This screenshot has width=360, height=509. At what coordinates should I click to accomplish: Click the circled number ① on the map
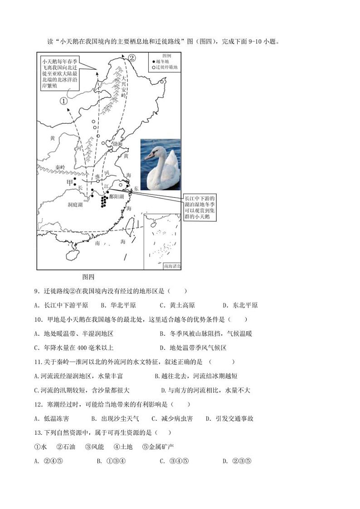click(63, 102)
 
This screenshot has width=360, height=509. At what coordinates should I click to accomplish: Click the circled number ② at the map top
click(131, 58)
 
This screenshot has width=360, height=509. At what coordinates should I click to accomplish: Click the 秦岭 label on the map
click(61, 167)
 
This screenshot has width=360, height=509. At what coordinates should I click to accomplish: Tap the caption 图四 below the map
click(88, 276)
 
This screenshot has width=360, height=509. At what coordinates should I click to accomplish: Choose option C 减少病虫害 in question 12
click(172, 418)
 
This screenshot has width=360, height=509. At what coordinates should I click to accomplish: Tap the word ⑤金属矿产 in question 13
click(158, 447)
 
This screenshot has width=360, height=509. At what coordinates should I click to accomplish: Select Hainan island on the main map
click(72, 255)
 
